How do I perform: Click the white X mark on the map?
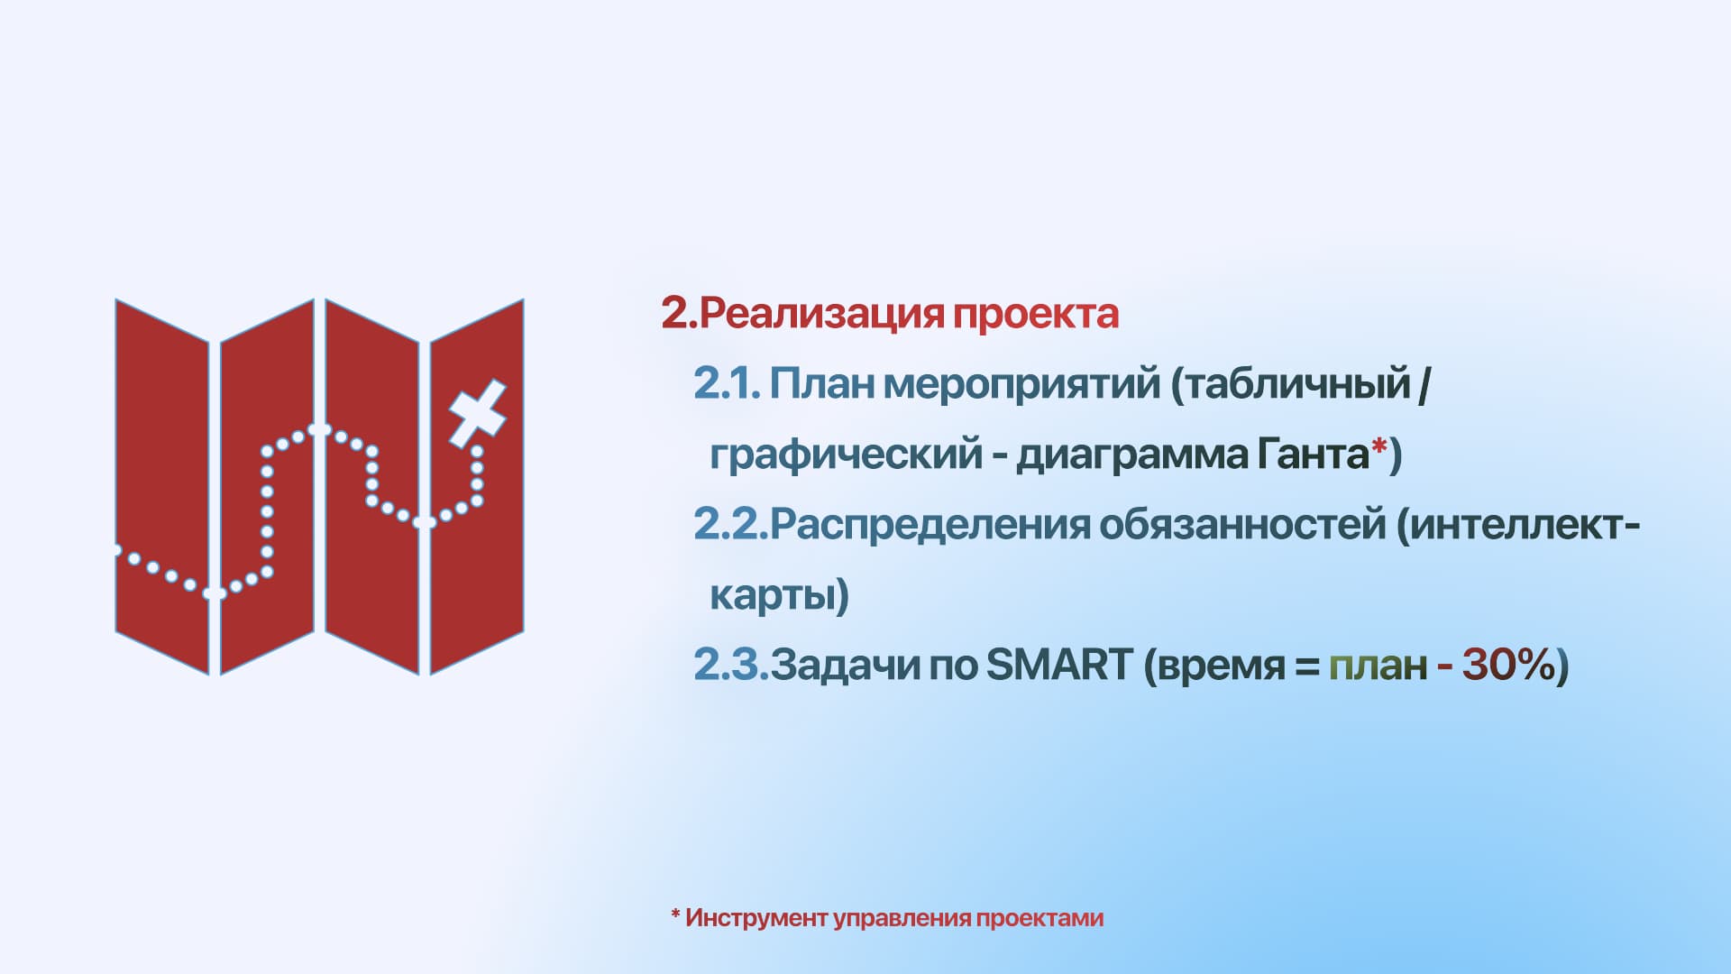tap(478, 414)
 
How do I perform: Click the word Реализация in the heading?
tap(820, 314)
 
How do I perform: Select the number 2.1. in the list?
tap(727, 384)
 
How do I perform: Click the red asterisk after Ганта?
tap(1379, 446)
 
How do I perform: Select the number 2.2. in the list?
tap(730, 525)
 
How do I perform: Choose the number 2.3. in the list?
tap(731, 666)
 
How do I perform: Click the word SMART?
tap(1059, 666)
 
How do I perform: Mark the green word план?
tap(1378, 667)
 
